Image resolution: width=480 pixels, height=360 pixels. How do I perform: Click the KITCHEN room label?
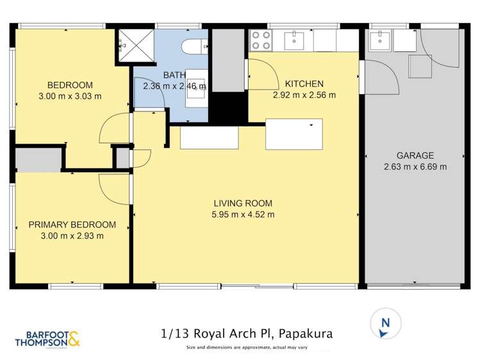coord(304,84)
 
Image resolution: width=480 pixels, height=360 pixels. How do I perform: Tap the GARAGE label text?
coord(415,155)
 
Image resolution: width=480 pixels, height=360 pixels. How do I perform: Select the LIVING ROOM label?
coord(244,203)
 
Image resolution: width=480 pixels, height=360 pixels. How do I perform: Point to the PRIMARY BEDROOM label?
coord(72,224)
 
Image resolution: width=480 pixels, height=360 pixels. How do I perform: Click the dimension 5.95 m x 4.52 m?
coord(244,215)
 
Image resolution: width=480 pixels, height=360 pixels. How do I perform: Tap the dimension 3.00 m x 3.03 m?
coord(70,96)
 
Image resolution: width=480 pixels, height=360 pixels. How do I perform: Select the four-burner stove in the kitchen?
coord(260,40)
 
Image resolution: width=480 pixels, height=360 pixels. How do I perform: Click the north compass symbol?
coord(385,323)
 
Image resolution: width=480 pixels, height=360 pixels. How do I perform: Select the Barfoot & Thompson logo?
coord(47,339)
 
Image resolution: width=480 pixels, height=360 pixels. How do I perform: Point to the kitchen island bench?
coord(294,134)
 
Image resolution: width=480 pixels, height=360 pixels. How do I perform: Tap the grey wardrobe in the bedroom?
coord(38,160)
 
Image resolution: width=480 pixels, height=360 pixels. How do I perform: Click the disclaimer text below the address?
coord(247,347)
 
